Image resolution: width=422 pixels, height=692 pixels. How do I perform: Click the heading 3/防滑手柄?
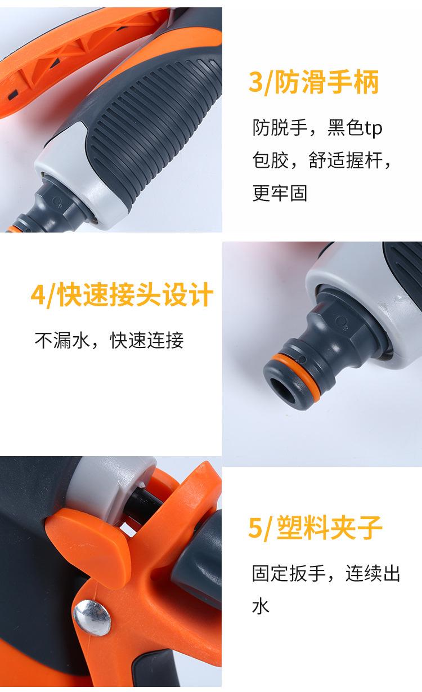click(313, 82)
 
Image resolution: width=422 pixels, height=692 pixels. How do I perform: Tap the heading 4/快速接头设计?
click(122, 294)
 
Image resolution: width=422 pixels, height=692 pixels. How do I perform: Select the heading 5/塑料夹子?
click(315, 528)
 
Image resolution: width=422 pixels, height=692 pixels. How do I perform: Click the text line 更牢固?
click(280, 193)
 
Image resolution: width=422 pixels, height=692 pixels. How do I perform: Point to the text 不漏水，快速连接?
click(109, 340)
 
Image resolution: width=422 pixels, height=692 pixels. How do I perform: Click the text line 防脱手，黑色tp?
click(317, 128)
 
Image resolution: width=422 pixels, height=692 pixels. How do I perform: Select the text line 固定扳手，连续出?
click(326, 574)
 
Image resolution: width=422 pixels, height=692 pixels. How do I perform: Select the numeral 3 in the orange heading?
click(255, 83)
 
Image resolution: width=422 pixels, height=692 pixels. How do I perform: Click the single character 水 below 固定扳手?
click(261, 606)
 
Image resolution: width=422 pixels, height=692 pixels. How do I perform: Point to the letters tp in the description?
click(373, 129)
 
